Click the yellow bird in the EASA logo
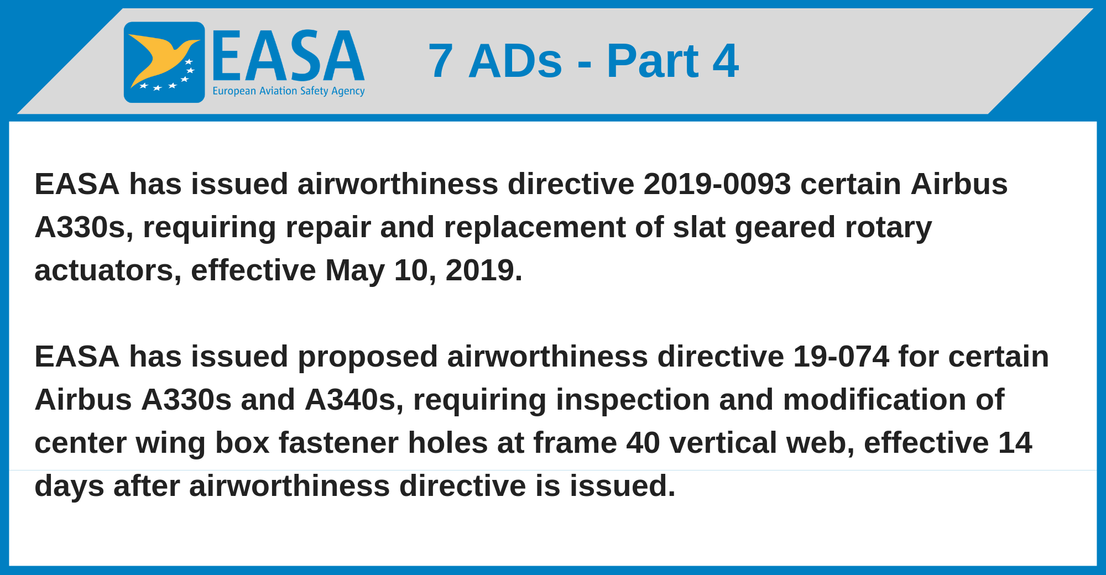160,58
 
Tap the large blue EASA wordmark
288,56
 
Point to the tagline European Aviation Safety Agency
289,91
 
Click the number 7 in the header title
441,61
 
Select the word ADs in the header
515,61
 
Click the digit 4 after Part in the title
726,61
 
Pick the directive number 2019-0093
717,184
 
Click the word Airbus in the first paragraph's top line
959,184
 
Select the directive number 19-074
841,357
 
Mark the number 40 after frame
644,443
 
